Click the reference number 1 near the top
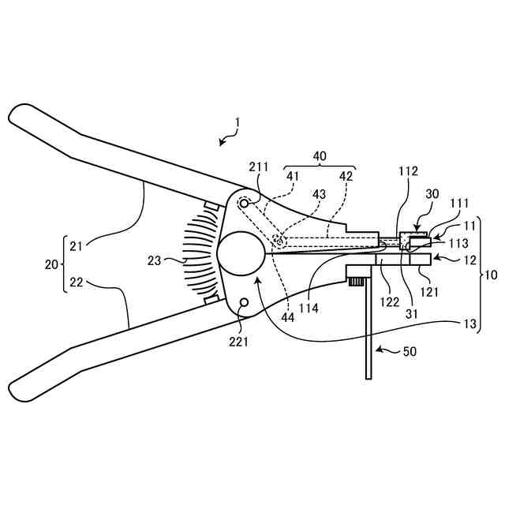click(237, 123)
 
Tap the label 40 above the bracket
click(320, 156)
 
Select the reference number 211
click(259, 167)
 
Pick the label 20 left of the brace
click(51, 264)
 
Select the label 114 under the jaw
click(309, 309)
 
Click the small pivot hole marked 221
click(243, 303)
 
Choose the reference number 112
click(408, 170)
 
